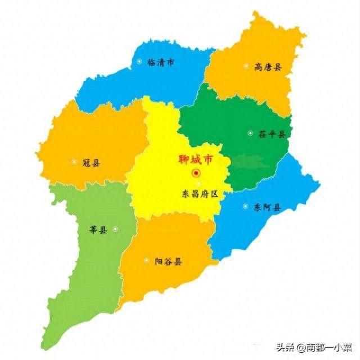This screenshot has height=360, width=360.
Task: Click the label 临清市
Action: (161, 62)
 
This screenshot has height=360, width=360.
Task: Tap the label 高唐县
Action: (268, 67)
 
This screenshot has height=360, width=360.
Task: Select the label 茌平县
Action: (272, 134)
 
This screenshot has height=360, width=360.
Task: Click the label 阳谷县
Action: (168, 262)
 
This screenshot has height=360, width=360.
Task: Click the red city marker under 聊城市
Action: (196, 173)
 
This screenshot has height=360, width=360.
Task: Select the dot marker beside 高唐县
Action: (246, 66)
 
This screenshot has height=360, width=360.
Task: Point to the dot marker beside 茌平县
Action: (250, 133)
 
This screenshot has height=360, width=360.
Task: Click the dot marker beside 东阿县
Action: (245, 206)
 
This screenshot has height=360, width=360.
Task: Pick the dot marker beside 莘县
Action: (115, 228)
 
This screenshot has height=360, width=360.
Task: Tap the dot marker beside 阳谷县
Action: (146, 260)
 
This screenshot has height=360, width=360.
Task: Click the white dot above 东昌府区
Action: (198, 184)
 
